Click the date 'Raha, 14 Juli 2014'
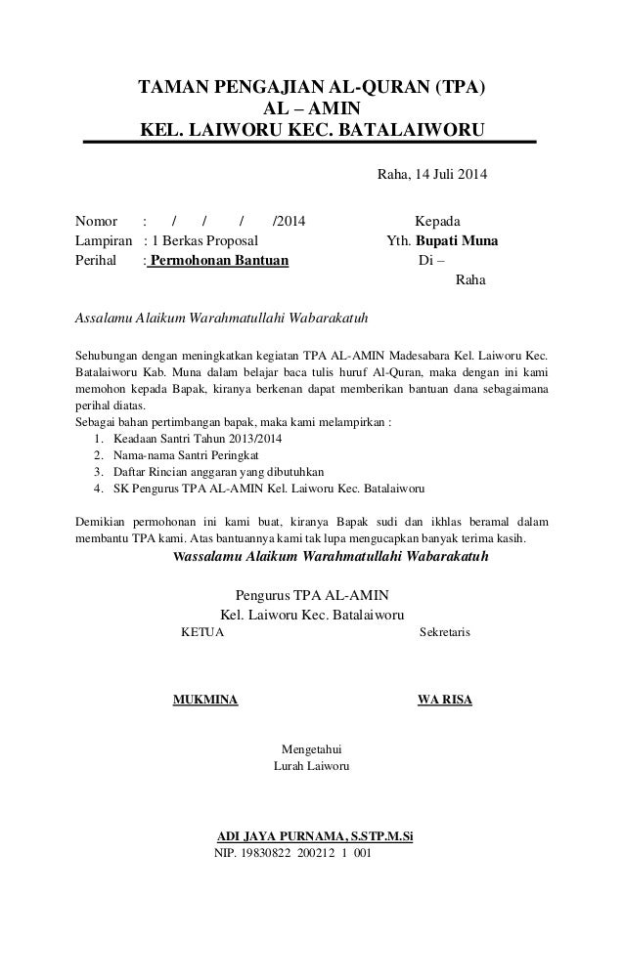pos(431,175)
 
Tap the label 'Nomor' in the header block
pos(96,221)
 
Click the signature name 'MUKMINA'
pos(204,701)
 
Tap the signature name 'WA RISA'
pos(444,701)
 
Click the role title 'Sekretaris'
pos(444,633)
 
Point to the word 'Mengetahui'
pos(311,749)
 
